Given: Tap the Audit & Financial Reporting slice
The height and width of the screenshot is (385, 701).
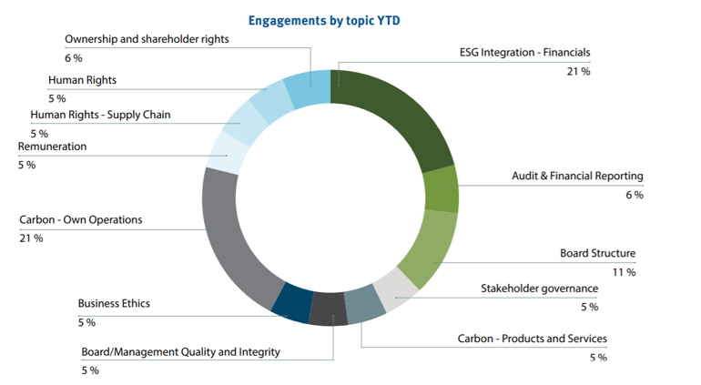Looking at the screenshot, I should [x=441, y=188].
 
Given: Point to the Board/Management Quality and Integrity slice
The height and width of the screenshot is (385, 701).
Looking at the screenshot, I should [x=328, y=309].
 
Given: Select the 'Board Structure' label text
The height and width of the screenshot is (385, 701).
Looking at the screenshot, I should [x=597, y=254].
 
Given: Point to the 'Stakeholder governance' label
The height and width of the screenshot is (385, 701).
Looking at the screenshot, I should [x=539, y=289].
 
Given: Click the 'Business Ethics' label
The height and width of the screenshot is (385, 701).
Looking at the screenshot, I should [x=114, y=304].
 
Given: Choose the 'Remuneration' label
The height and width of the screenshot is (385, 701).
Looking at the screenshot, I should [x=53, y=147].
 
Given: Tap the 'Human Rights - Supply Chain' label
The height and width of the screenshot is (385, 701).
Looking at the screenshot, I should [x=100, y=116].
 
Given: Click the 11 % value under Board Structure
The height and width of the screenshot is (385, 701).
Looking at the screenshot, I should [x=624, y=272].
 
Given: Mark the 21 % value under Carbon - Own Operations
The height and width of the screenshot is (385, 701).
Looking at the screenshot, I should [x=31, y=238].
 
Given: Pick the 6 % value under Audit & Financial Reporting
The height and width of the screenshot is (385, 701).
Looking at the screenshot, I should [x=634, y=195].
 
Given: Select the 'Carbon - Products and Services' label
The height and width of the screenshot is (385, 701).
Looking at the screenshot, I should [x=532, y=339].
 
